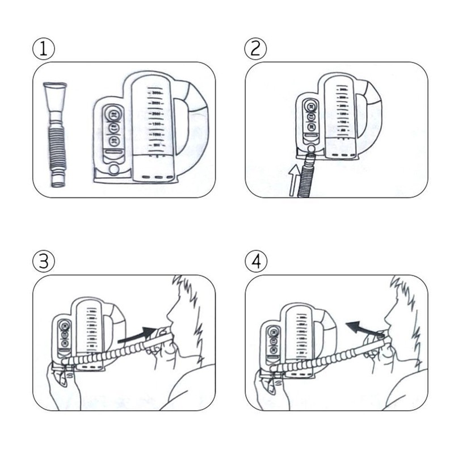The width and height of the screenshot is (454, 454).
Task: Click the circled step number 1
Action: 44,48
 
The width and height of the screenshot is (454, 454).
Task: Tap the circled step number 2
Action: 255,48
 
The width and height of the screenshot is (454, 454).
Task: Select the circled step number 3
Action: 44,262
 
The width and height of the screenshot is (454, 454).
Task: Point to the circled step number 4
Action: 255,262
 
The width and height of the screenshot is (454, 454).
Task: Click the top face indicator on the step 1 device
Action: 113,112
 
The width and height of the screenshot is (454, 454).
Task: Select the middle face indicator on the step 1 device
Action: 113,127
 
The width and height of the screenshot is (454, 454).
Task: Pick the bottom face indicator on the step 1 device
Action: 113,142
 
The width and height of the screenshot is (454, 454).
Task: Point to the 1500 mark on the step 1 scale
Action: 154,123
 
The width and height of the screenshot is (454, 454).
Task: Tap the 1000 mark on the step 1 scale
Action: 154,133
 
